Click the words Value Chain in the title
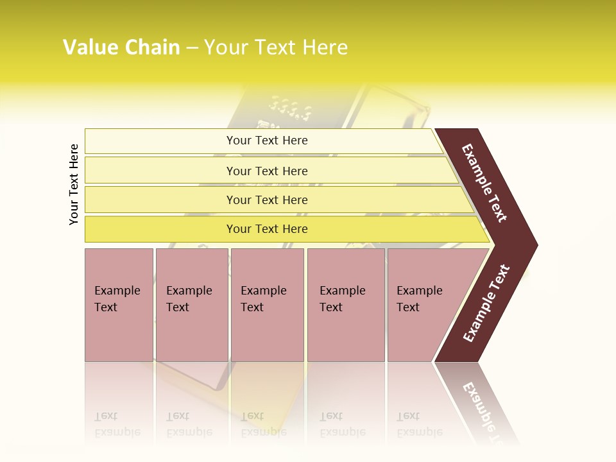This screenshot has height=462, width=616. pos(121,47)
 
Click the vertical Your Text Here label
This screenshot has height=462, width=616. pos(74,184)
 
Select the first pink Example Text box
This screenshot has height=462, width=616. pos(118,305)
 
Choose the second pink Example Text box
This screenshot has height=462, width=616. pos(191,305)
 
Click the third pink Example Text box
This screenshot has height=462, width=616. pos(266,305)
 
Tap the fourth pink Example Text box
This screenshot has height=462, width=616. pos(345,305)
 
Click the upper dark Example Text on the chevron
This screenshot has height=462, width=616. pos(485,183)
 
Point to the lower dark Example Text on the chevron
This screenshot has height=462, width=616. pos(486,303)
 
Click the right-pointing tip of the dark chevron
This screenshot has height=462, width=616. pos(534,245)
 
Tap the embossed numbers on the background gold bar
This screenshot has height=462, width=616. pos(291,108)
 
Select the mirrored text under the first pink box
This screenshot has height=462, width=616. pos(117,424)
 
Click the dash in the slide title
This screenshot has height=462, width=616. pos(192,47)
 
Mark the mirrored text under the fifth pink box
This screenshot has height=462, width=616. pos(420,424)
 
